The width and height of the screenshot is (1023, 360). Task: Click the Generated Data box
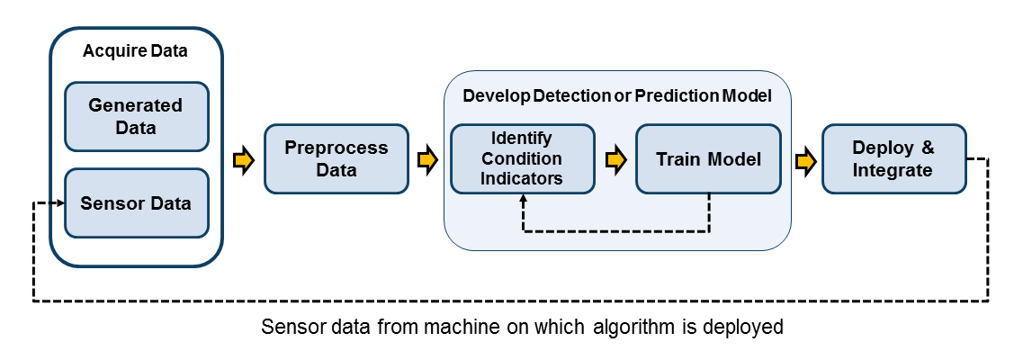click(x=136, y=116)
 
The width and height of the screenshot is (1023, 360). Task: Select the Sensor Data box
click(x=136, y=203)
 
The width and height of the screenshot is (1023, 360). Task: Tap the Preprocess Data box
click(x=336, y=158)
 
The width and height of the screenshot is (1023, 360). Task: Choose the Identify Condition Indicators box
click(x=522, y=158)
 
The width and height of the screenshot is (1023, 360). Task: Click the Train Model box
click(x=708, y=159)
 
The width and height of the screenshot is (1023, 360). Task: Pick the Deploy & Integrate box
click(x=893, y=158)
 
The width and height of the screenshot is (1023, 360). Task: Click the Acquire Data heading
click(x=135, y=50)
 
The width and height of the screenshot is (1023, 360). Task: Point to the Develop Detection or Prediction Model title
click(x=616, y=95)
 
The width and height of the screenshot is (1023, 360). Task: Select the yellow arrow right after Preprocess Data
click(x=427, y=160)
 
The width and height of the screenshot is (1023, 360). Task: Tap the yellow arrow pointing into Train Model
click(x=615, y=160)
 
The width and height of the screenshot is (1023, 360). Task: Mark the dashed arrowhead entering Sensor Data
click(x=60, y=203)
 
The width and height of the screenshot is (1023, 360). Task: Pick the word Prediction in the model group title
click(x=674, y=95)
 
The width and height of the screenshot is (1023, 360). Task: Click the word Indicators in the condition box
click(x=522, y=177)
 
